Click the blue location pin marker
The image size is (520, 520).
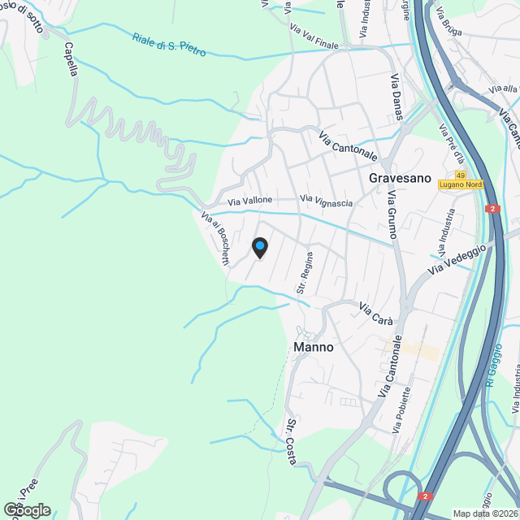pos(259,247)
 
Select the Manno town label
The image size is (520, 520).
pos(312,347)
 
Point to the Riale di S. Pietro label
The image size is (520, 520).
pos(169,44)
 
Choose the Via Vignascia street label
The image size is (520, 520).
pos(327,200)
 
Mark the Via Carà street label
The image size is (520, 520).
pos(376,314)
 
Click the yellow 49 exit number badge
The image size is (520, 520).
pos(461,175)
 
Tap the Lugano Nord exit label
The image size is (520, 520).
pos(461,185)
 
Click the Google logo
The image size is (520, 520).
pos(27,510)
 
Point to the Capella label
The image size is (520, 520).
pos(71,59)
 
